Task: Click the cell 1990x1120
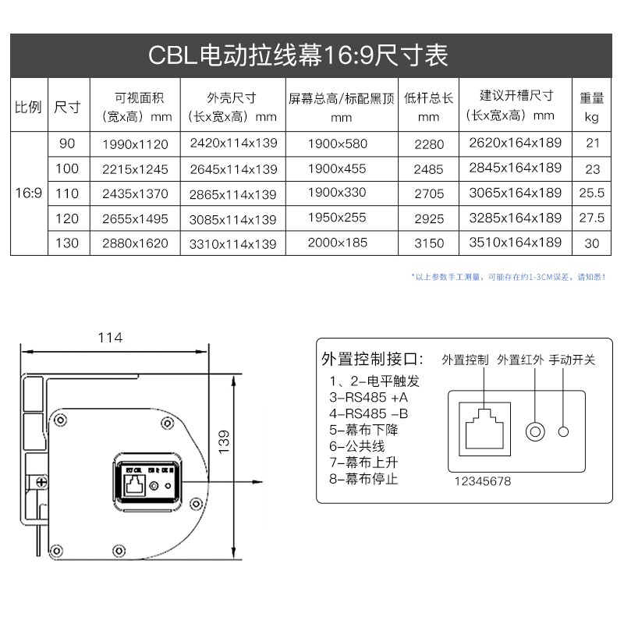pyautogui.click(x=135, y=144)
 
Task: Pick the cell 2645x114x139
pyautogui.click(x=233, y=169)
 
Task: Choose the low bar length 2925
pyautogui.click(x=429, y=218)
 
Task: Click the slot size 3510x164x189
pyautogui.click(x=515, y=243)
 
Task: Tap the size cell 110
pyautogui.click(x=68, y=193)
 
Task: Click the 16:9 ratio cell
pyautogui.click(x=29, y=193)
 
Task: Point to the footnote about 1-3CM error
pyautogui.click(x=508, y=276)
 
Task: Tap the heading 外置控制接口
pyautogui.click(x=373, y=360)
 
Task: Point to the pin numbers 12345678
pyautogui.click(x=483, y=481)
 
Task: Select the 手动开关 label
pyautogui.click(x=572, y=360)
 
